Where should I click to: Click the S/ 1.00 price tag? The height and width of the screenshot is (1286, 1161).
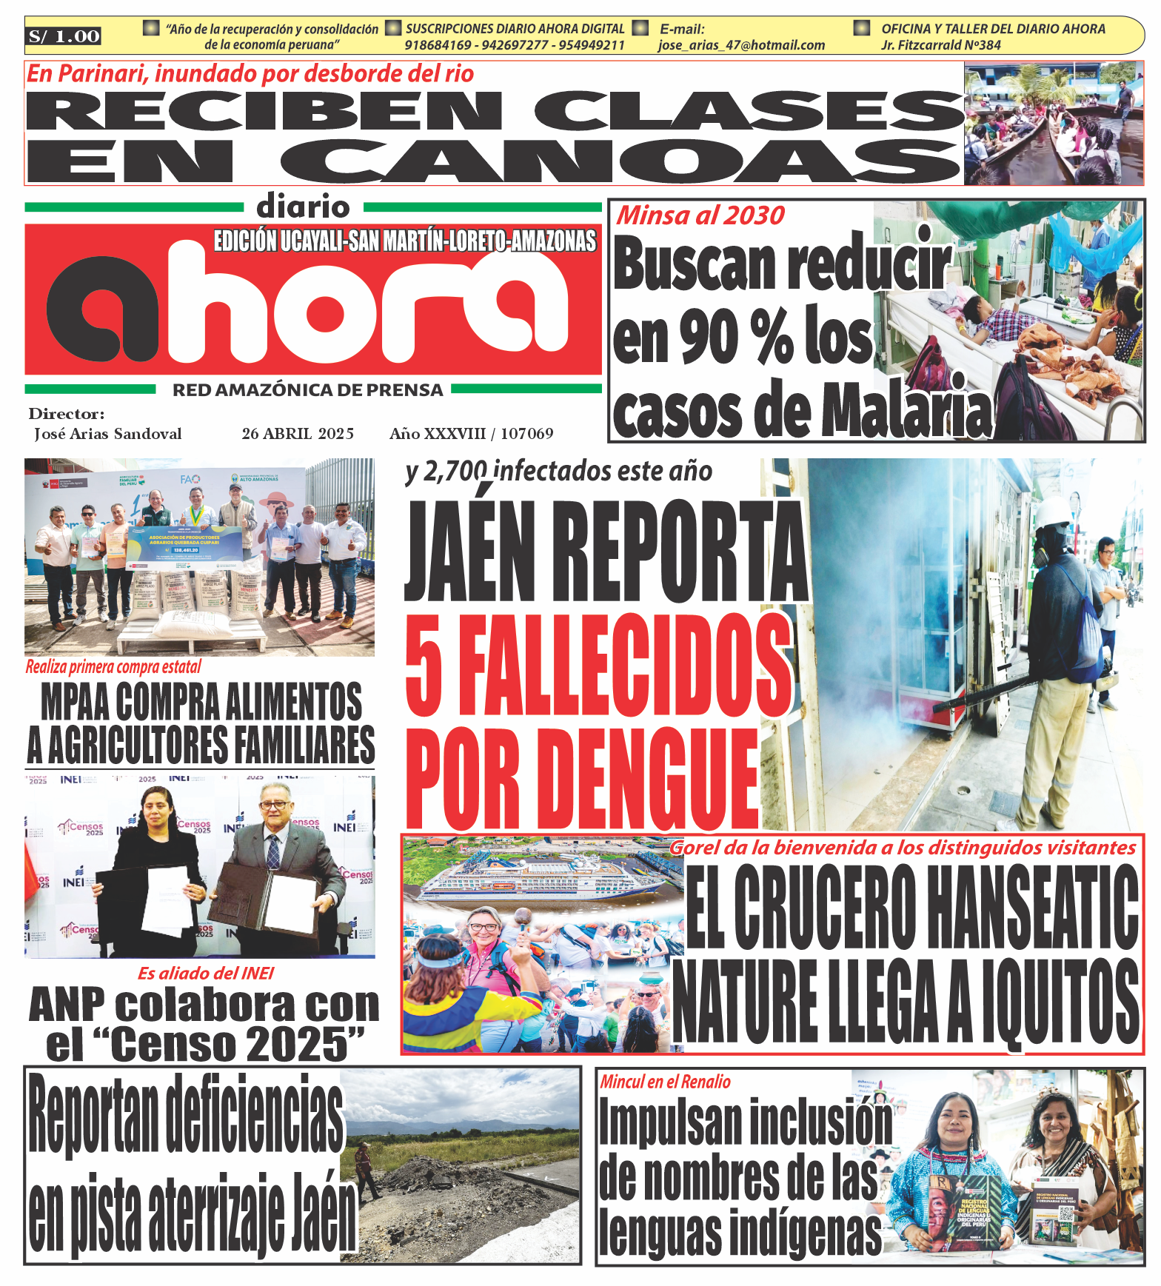pos(64,36)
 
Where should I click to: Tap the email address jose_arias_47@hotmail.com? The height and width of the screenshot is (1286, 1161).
pos(741,45)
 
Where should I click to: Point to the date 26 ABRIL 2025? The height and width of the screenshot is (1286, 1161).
pos(298,434)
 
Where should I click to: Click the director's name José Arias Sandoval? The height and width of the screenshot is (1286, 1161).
pos(108,434)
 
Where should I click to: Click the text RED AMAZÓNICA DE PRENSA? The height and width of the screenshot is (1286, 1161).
pos(308,390)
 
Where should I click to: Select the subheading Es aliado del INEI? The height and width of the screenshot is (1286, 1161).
pos(206,973)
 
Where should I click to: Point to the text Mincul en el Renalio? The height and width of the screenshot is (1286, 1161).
pos(665,1082)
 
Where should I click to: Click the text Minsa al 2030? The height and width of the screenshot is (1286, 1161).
pos(700,215)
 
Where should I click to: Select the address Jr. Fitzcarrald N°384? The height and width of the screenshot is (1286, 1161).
pos(940,45)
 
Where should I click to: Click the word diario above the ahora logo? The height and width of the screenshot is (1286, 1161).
pos(303,207)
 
